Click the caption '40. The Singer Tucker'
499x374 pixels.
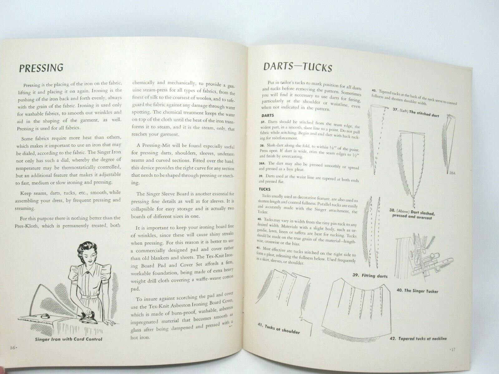(x=417, y=291)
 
